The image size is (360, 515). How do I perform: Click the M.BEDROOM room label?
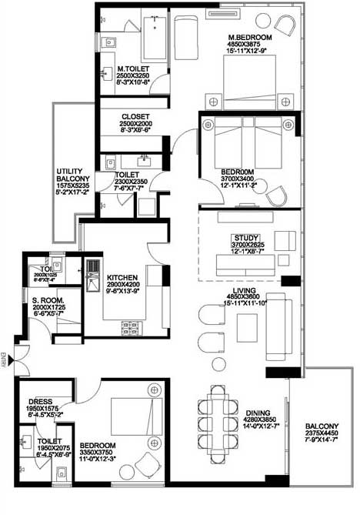click(251, 36)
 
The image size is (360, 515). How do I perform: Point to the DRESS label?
click(39, 401)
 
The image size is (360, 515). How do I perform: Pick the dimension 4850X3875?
click(251, 45)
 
